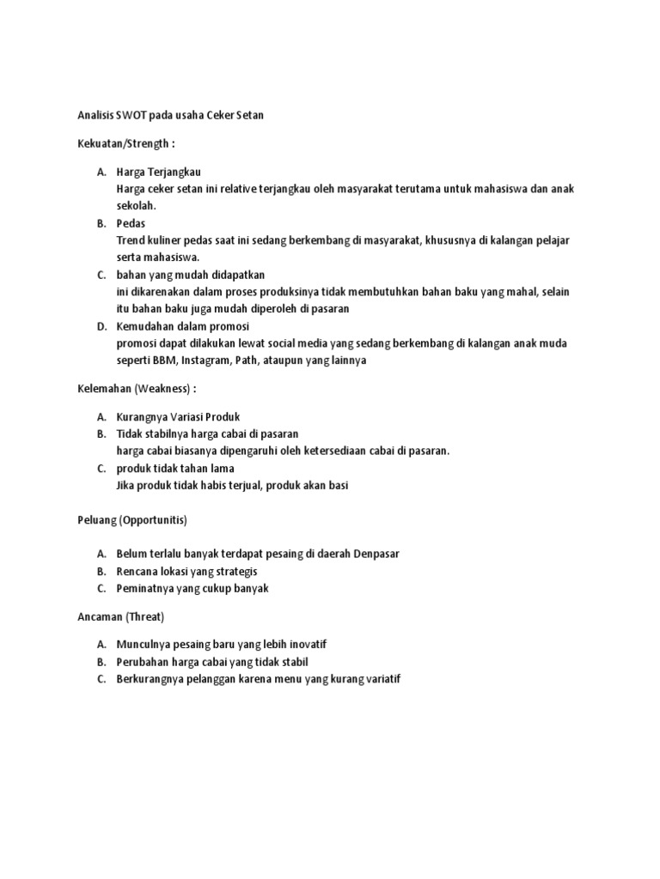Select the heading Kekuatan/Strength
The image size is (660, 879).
tap(125, 143)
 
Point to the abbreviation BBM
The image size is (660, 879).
tap(164, 360)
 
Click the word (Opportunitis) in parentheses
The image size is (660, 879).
tap(153, 520)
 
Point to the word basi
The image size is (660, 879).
tap(338, 485)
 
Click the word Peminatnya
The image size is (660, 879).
tap(145, 588)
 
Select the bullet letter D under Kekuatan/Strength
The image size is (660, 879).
tap(101, 326)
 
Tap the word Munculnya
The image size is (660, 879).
tap(144, 644)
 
